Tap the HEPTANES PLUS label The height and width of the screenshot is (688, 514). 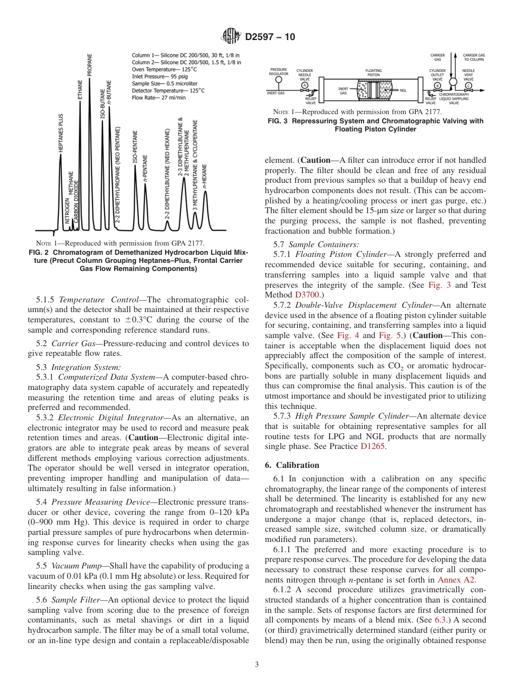point(61,133)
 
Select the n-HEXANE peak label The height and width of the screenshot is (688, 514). point(205,174)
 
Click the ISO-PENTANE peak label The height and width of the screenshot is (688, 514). point(135,148)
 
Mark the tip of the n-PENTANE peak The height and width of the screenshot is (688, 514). point(146,185)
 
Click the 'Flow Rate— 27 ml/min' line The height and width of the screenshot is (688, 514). point(159,97)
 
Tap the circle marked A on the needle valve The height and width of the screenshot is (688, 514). point(305,85)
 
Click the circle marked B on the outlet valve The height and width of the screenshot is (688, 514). point(437,85)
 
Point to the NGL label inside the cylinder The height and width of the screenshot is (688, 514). point(403,90)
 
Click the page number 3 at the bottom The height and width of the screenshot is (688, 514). point(257,664)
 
